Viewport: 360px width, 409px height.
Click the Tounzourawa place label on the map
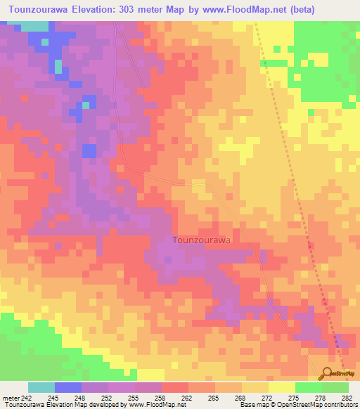(x=202, y=240)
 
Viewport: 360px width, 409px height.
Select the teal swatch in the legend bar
(x=41, y=387)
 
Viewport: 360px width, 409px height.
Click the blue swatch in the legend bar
(x=67, y=387)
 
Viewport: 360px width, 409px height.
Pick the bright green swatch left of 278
(x=308, y=387)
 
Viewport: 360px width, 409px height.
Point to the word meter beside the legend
(x=10, y=397)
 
